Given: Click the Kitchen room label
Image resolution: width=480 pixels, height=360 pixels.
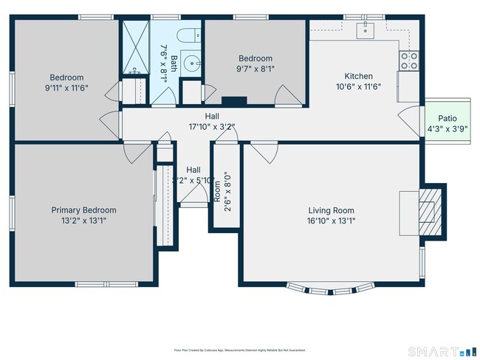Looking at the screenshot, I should (x=358, y=76).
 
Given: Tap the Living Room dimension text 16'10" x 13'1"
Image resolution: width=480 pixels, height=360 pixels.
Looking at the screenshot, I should (x=331, y=220).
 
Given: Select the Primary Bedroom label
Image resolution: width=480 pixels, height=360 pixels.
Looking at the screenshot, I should (x=83, y=210).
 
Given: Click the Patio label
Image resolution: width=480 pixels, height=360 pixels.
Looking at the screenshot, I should (x=448, y=118).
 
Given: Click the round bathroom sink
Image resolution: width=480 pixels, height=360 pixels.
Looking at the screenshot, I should (x=194, y=63).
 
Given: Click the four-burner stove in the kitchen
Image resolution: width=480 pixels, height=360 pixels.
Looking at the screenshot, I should (x=408, y=60).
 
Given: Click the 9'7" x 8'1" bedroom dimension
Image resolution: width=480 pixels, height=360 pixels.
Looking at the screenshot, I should (x=255, y=69).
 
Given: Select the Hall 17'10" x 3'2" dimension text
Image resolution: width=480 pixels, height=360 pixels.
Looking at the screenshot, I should (x=212, y=127).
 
